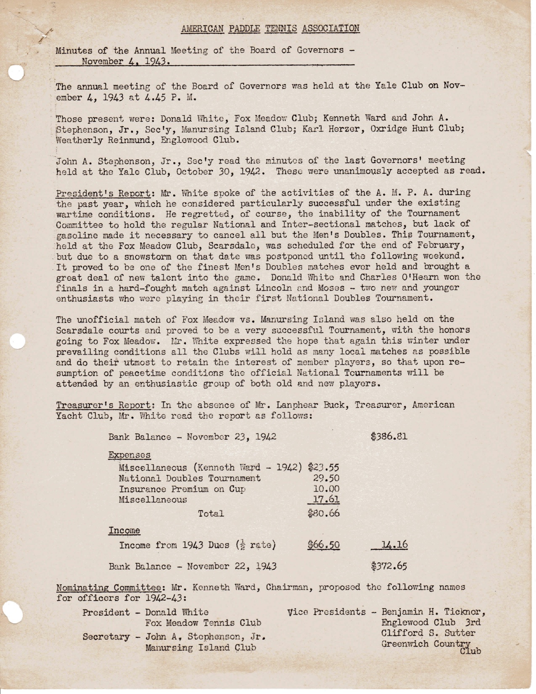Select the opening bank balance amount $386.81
(389, 436)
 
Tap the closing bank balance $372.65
(389, 566)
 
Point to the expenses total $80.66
(323, 513)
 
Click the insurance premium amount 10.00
(327, 489)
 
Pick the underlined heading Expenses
(129, 455)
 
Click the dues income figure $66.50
(323, 545)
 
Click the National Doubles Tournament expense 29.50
(327, 478)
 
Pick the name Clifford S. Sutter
(428, 633)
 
